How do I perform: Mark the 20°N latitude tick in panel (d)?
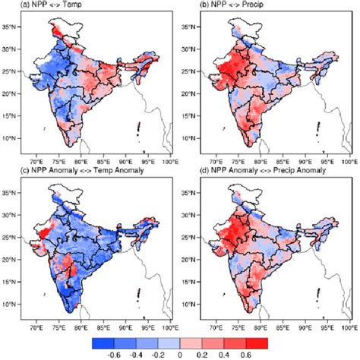click(199, 267)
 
